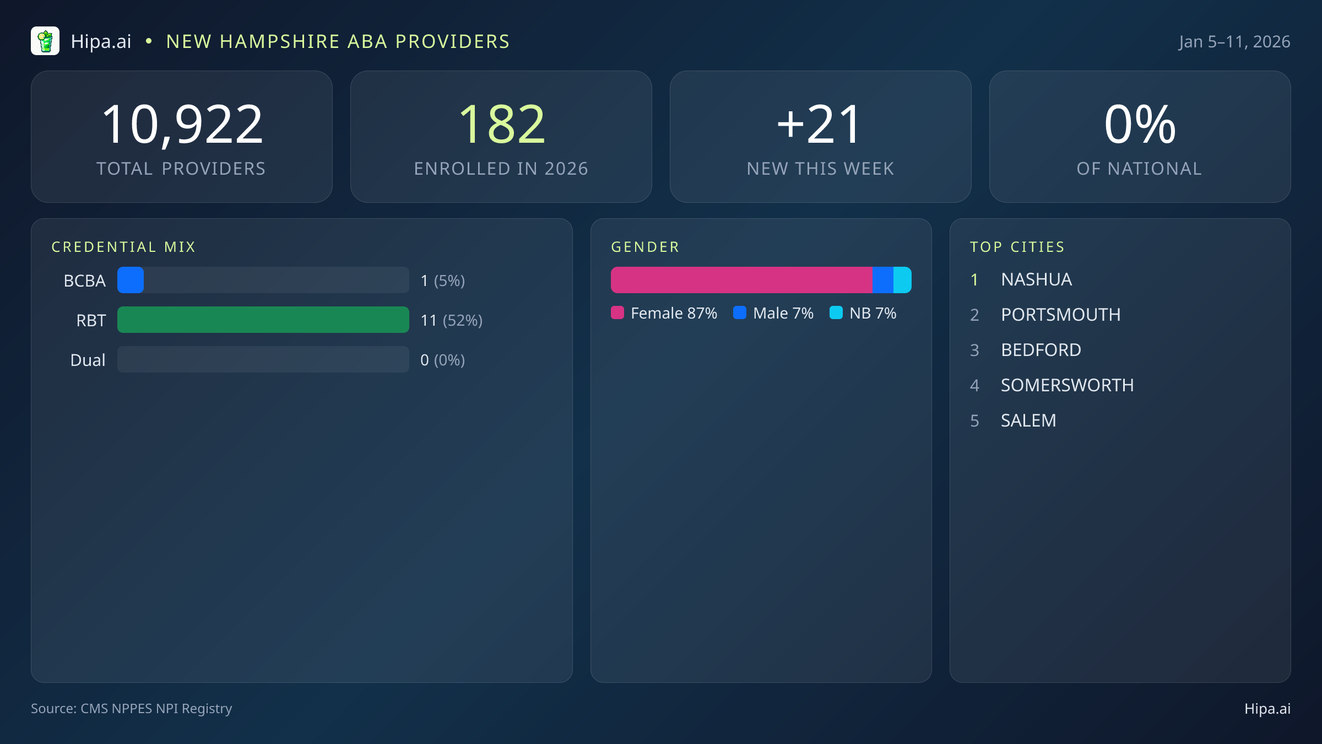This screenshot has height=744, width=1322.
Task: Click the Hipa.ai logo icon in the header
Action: [x=45, y=41]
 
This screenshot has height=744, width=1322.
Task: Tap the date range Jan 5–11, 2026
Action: [x=1234, y=42]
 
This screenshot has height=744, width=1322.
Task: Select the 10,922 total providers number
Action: [x=182, y=125]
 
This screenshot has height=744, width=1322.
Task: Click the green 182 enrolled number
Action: [x=501, y=125]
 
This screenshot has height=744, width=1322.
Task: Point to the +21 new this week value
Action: [x=820, y=125]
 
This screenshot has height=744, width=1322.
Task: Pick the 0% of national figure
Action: [x=1140, y=125]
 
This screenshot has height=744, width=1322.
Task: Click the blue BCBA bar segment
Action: [x=131, y=280]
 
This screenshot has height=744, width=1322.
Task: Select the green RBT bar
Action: [x=263, y=320]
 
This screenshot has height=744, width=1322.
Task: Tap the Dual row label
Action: [x=88, y=360]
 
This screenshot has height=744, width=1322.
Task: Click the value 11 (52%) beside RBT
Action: [x=451, y=320]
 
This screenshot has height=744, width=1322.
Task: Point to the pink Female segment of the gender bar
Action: [x=741, y=280]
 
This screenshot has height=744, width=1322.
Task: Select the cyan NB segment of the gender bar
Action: [x=902, y=280]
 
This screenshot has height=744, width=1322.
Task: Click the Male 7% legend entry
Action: [x=774, y=313]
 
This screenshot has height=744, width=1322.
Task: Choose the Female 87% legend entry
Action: [x=664, y=313]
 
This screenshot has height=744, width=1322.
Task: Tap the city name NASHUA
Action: [x=1036, y=279]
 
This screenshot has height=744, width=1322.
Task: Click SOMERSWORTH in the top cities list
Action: [x=1067, y=385]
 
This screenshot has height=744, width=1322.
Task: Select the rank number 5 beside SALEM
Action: [x=974, y=420]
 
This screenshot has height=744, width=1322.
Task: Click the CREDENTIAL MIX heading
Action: [x=123, y=247]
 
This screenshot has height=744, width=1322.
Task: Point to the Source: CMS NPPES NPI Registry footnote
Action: [x=131, y=708]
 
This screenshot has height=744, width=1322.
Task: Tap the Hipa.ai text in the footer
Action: [x=1267, y=709]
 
